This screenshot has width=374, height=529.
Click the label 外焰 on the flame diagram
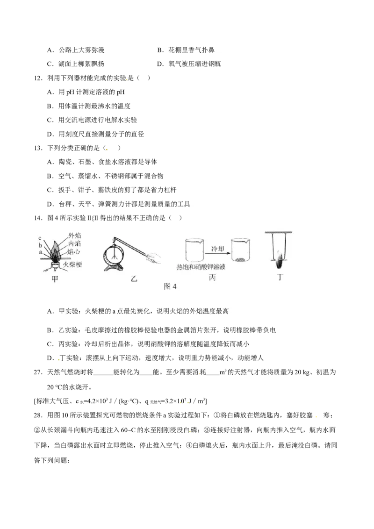click(x=74, y=236)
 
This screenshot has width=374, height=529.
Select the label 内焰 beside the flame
click(x=74, y=243)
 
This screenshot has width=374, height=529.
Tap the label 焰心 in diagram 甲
click(x=74, y=251)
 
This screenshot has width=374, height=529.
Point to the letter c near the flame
click(x=41, y=238)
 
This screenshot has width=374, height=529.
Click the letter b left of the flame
click(x=41, y=245)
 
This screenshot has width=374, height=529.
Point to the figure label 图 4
click(x=170, y=287)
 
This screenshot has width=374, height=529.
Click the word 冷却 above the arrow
click(x=218, y=248)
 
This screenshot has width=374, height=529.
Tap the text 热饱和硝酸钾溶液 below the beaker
click(x=204, y=267)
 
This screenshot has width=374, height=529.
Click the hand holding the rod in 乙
click(x=154, y=257)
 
